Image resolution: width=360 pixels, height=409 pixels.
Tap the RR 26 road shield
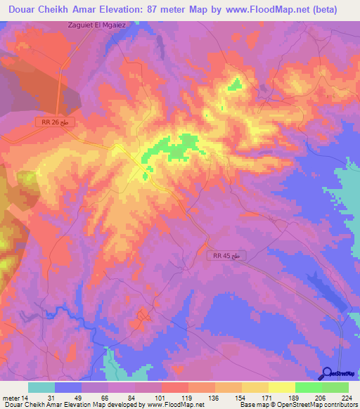coord(55,122)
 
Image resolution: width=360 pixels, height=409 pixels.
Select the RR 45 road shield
coord(229,258)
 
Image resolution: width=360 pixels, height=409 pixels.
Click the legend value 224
coord(346,396)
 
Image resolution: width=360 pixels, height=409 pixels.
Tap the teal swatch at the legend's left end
coord(41,387)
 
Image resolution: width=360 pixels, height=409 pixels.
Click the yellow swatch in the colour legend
coord(281,387)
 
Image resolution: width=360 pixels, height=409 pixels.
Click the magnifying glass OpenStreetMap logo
coord(328,375)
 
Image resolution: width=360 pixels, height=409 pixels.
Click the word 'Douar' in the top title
coord(24,10)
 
